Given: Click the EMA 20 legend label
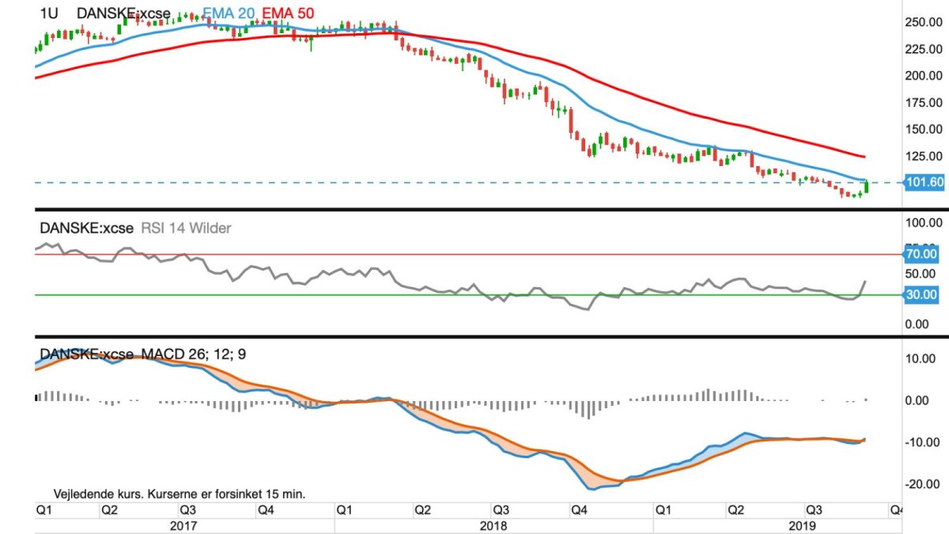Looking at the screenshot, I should tap(229, 13).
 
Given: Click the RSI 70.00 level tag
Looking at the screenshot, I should tap(921, 254).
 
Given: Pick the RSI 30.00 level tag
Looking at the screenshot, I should tap(921, 294).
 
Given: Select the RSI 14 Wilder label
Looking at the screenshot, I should tap(186, 228).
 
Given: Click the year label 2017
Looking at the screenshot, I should tap(184, 525).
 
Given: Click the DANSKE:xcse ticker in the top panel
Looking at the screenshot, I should tap(123, 13).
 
